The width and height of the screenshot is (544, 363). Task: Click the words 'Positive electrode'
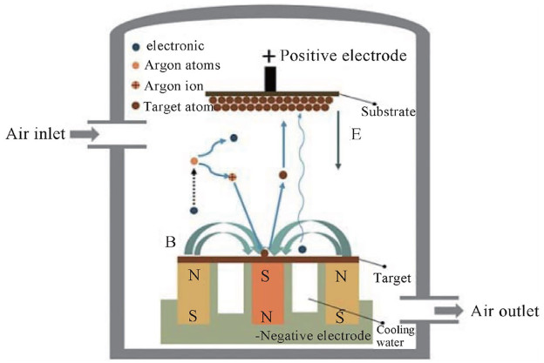tap(346, 56)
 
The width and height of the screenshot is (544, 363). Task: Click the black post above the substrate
tap(271, 79)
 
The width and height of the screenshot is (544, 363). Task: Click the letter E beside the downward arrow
tap(357, 136)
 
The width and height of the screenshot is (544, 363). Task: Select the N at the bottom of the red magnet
tap(264, 313)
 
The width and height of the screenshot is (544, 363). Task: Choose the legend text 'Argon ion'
tap(184, 85)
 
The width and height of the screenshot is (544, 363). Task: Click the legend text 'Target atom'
tap(187, 104)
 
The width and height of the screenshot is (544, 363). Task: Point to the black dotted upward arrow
tap(194, 188)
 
